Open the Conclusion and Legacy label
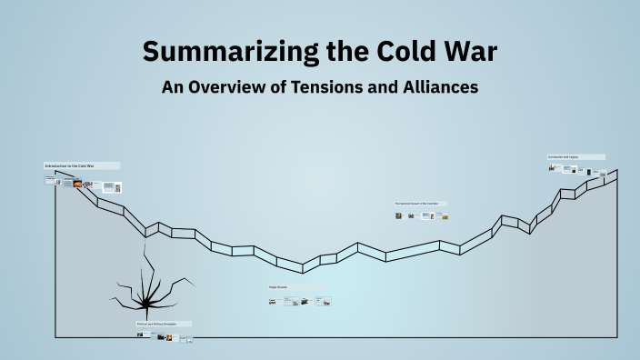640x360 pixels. (563, 156)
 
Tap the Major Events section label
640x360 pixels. (278, 287)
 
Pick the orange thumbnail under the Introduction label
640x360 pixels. (78, 184)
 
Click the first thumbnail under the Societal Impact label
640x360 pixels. (398, 216)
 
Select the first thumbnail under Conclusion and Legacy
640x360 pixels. (552, 167)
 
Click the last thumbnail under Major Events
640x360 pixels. (324, 301)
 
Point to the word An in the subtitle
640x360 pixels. (172, 88)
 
